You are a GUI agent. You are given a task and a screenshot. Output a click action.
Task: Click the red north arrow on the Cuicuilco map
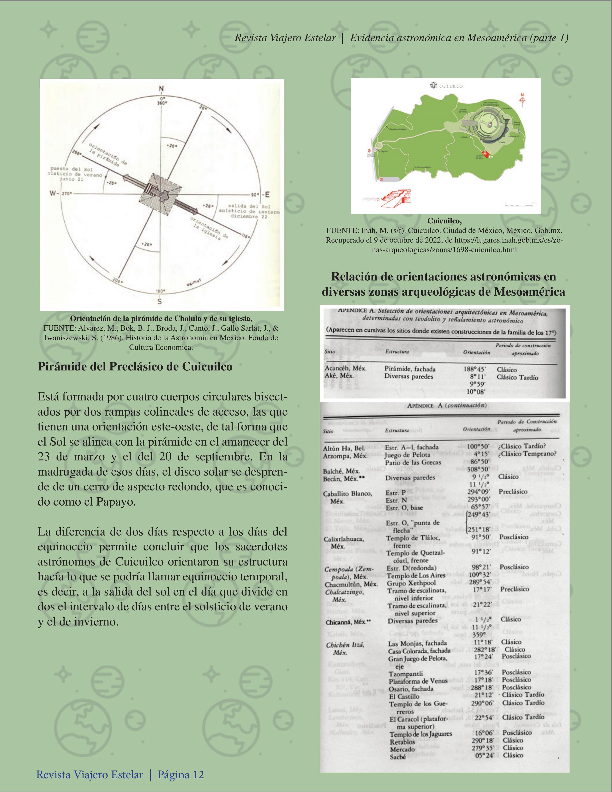(x=522, y=100)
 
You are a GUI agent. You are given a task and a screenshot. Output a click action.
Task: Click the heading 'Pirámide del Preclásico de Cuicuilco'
(x=135, y=367)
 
